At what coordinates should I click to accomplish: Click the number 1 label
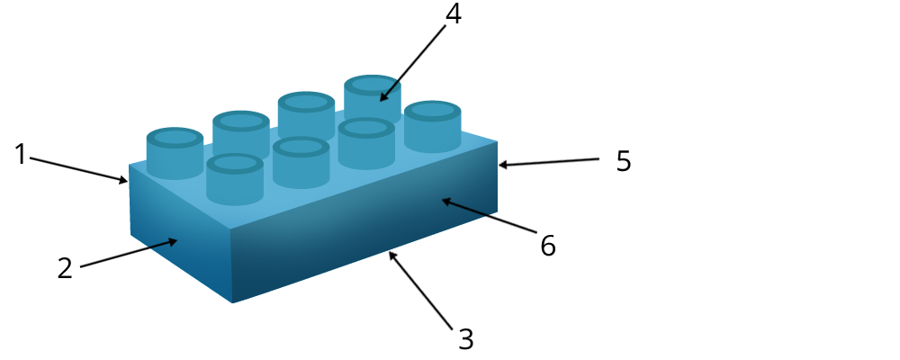[x=21, y=155]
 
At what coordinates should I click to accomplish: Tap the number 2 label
[x=65, y=268]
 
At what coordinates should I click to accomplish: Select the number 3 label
[x=465, y=339]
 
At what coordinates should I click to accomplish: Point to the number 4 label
[x=454, y=14]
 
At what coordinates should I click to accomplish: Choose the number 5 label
[x=624, y=161]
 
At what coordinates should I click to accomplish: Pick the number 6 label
[x=548, y=246]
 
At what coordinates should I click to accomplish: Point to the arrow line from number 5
[x=549, y=162]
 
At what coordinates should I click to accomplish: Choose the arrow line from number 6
[x=490, y=219]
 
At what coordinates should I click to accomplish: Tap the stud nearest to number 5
[x=433, y=125]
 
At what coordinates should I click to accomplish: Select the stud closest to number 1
[x=175, y=152]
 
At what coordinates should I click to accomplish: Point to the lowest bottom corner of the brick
[x=232, y=302]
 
